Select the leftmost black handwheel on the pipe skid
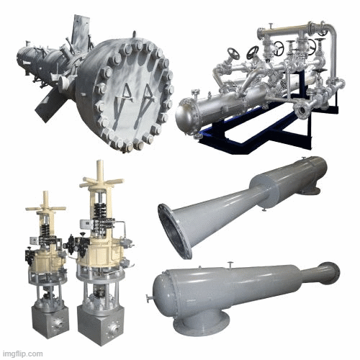pyautogui.click(x=233, y=55)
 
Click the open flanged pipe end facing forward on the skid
pyautogui.click(x=306, y=109)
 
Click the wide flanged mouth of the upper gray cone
pyautogui.click(x=175, y=230)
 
